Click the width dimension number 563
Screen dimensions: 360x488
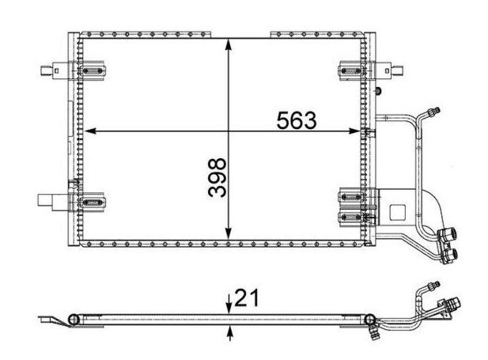coord(296,120)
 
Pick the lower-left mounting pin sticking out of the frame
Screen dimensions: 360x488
coord(51,201)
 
